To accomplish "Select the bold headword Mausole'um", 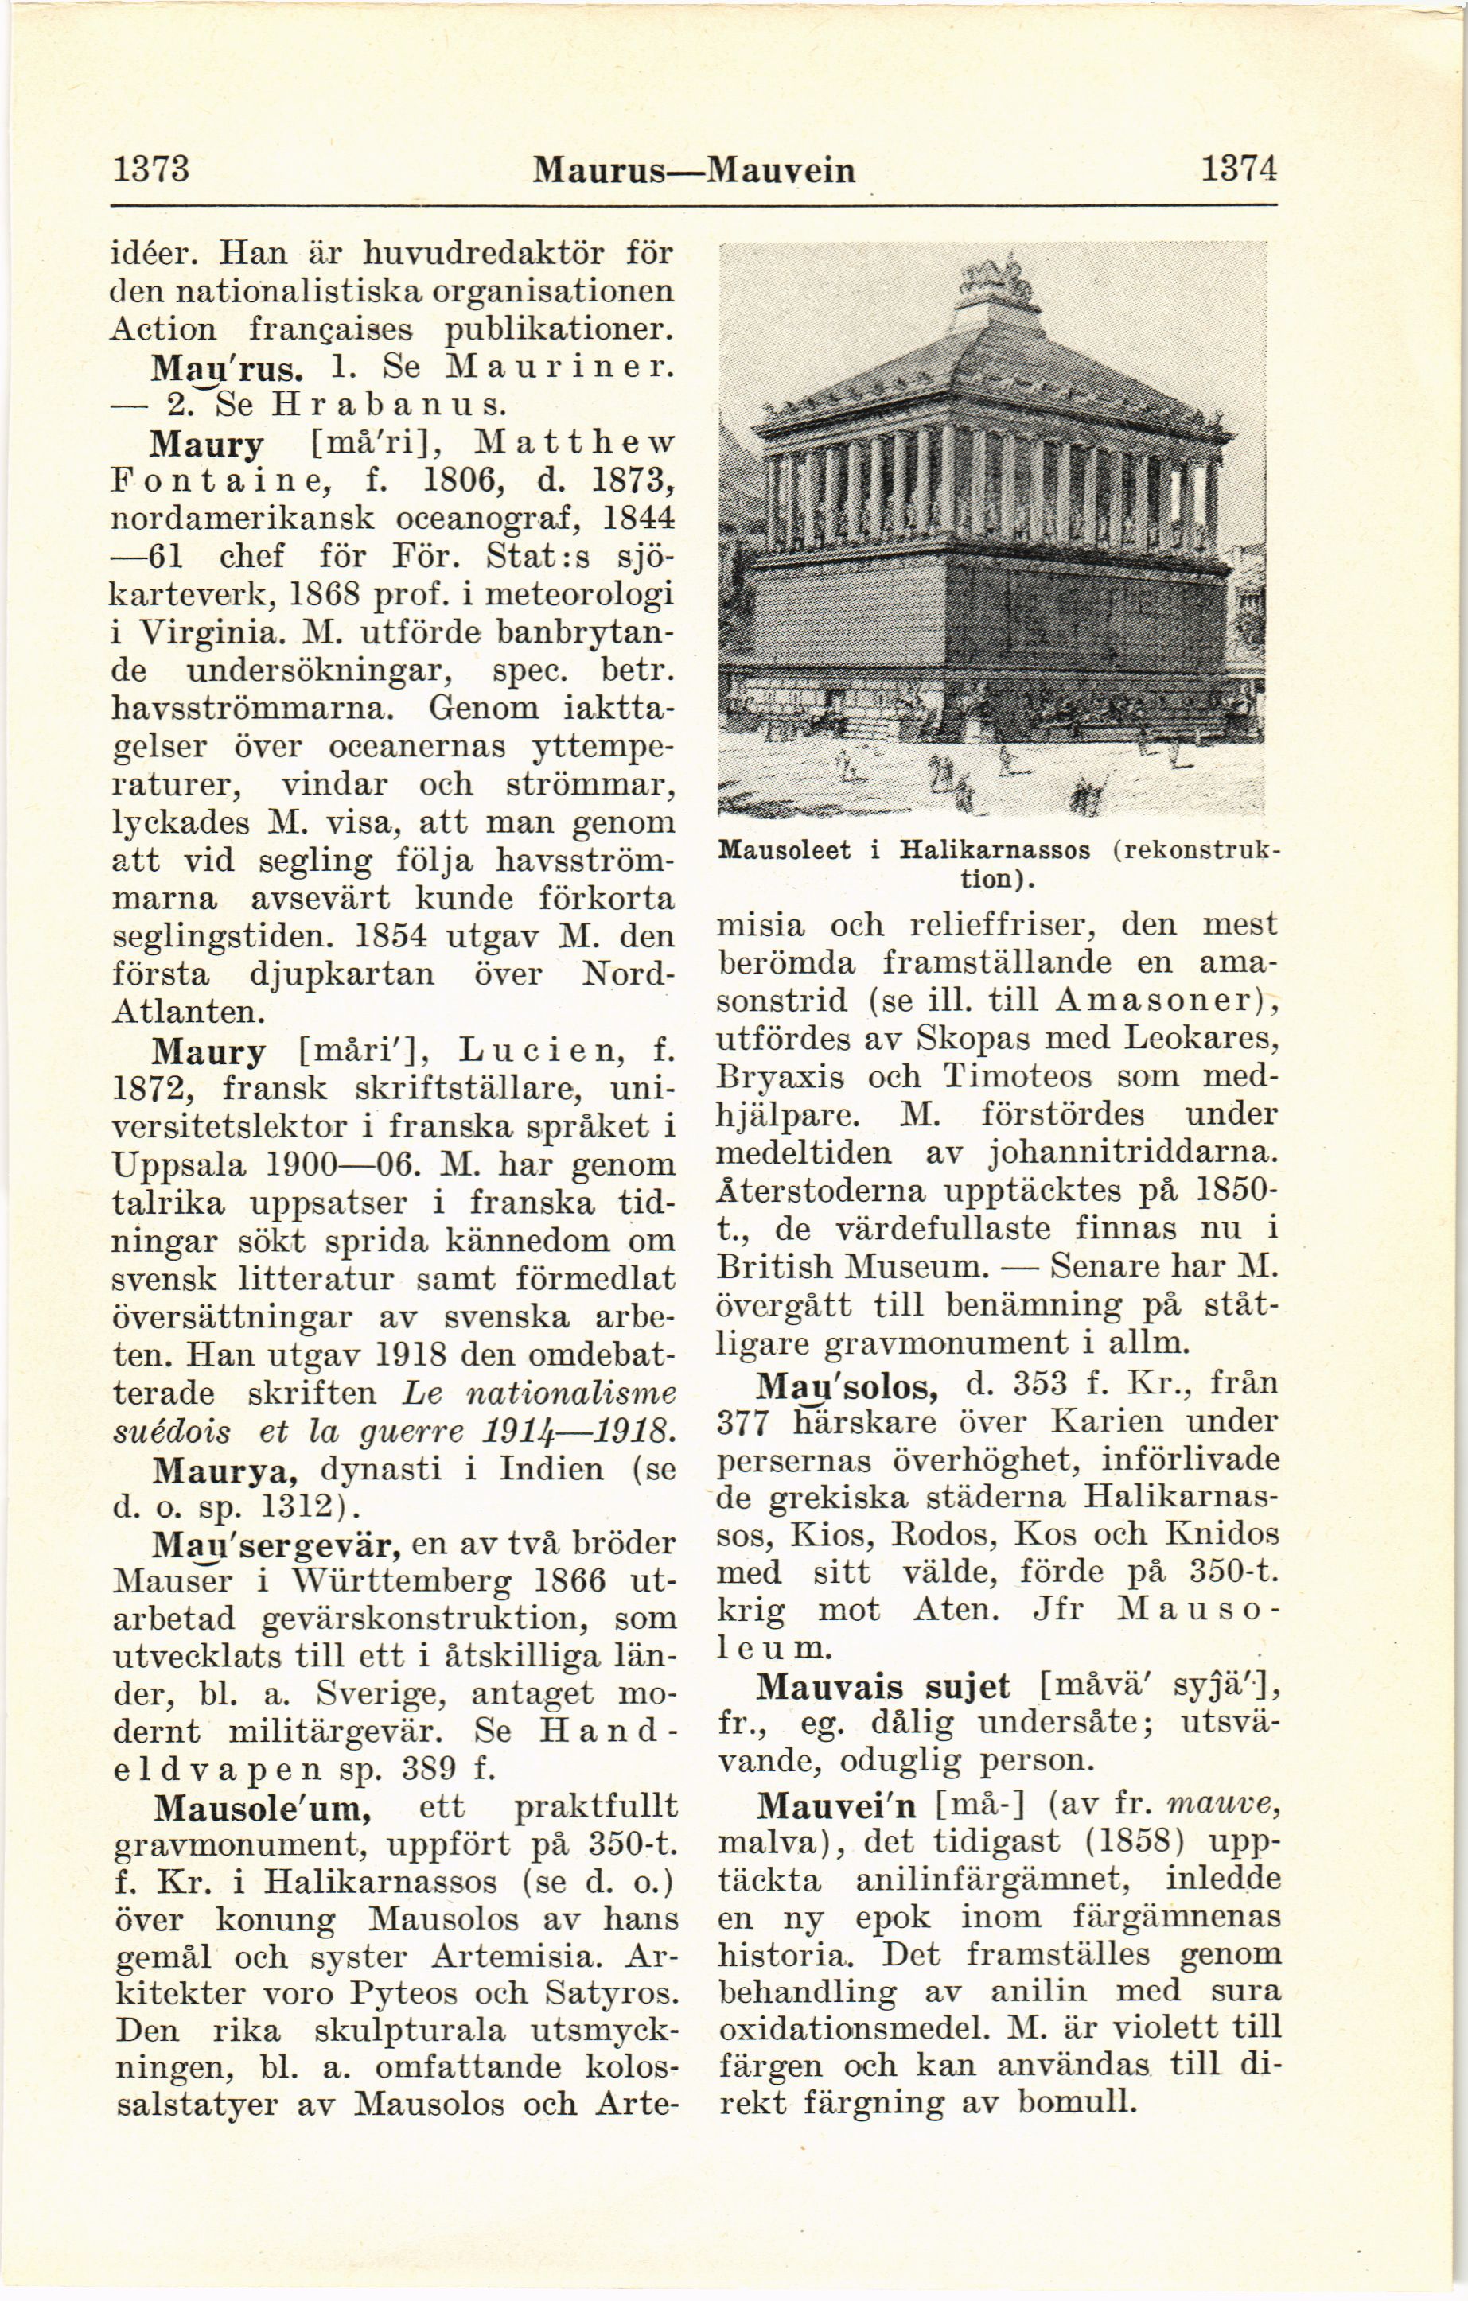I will [x=263, y=1808].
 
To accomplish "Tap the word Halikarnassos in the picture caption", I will [x=994, y=851].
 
